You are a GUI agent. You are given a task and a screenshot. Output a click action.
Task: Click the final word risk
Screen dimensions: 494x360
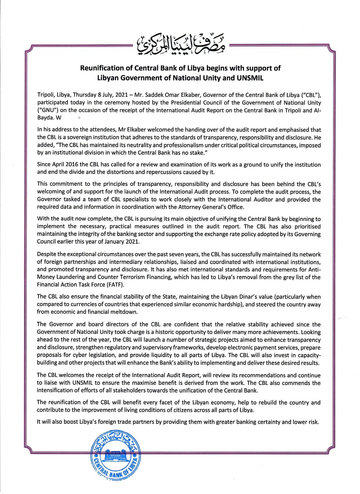point(313,422)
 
